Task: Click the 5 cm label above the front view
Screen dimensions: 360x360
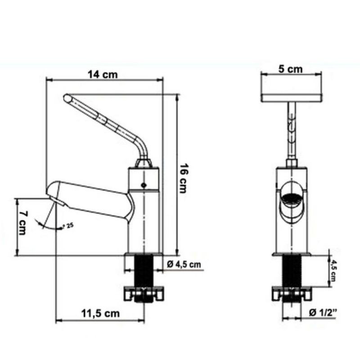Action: tap(290, 69)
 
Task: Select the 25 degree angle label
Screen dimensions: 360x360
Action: tap(68, 225)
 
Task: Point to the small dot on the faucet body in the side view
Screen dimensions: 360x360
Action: tap(144, 185)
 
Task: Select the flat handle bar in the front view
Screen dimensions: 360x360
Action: tap(292, 97)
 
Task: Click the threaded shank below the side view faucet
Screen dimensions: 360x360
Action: tap(144, 270)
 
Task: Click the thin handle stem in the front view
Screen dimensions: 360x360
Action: tap(292, 130)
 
